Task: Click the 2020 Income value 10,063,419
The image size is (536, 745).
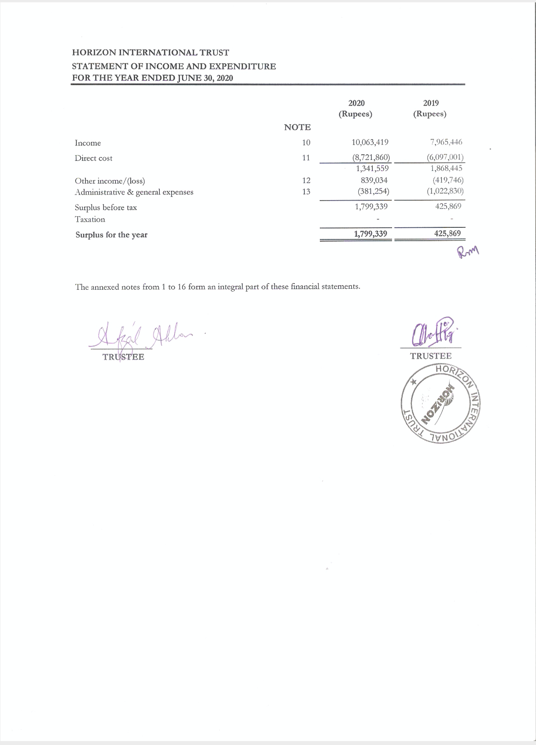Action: pyautogui.click(x=370, y=142)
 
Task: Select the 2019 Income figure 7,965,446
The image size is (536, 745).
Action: pyautogui.click(x=446, y=142)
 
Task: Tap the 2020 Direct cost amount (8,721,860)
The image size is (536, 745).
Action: pyautogui.click(x=371, y=157)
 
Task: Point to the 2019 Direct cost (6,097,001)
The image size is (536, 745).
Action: pyautogui.click(x=445, y=157)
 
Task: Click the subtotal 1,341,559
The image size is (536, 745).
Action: pyautogui.click(x=372, y=168)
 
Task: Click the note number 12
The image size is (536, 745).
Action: pyautogui.click(x=306, y=180)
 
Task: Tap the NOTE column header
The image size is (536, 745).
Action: pyautogui.click(x=297, y=127)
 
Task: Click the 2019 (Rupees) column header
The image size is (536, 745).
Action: pyautogui.click(x=430, y=108)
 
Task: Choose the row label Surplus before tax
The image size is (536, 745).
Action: pyautogui.click(x=106, y=208)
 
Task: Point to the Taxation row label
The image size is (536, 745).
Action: pyautogui.click(x=90, y=219)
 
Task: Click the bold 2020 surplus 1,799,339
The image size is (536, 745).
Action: pyautogui.click(x=371, y=234)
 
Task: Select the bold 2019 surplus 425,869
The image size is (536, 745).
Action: pyautogui.click(x=447, y=233)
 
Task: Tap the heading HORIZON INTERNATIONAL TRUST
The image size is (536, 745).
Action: pyautogui.click(x=150, y=53)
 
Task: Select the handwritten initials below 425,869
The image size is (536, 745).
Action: pyautogui.click(x=468, y=252)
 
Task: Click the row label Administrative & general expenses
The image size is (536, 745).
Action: pyautogui.click(x=134, y=192)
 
